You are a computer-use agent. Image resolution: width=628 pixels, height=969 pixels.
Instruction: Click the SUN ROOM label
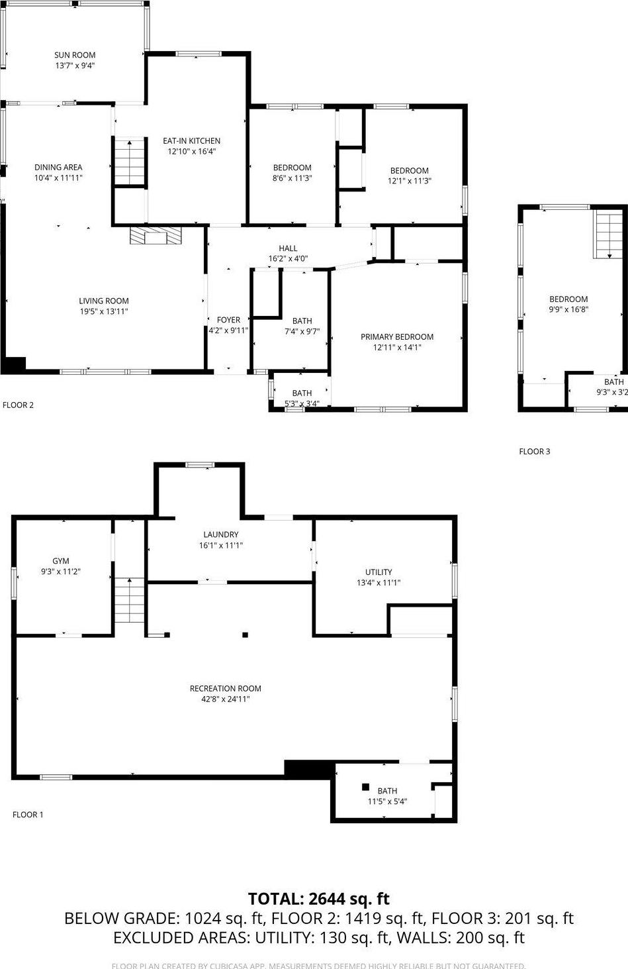[75, 55]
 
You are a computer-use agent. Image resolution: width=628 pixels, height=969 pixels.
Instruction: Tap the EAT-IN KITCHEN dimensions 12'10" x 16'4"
[191, 151]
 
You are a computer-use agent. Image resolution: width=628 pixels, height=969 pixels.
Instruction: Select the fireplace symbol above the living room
[154, 236]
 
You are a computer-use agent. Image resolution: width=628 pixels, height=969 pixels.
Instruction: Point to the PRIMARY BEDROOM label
[396, 337]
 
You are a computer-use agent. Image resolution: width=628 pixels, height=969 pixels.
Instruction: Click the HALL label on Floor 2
[288, 248]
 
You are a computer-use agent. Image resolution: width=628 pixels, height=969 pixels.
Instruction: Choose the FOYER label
[228, 320]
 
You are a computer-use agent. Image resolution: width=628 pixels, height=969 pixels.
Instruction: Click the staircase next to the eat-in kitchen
[130, 163]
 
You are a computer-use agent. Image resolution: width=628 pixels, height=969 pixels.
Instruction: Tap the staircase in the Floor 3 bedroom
[608, 235]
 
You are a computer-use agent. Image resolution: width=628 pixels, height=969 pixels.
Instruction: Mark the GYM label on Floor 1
[61, 561]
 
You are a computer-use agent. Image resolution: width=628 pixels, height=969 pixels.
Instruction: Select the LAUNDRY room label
[220, 535]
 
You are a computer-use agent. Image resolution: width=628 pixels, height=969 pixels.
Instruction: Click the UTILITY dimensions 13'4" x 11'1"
[379, 583]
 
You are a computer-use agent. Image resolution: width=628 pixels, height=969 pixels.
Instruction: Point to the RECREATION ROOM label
[225, 688]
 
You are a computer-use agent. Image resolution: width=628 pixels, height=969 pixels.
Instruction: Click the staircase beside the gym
[129, 600]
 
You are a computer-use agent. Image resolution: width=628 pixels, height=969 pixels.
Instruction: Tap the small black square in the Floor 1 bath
[365, 787]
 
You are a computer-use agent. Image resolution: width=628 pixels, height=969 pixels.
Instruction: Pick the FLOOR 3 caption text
[534, 452]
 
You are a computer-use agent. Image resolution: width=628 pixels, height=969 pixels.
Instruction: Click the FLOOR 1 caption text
[28, 815]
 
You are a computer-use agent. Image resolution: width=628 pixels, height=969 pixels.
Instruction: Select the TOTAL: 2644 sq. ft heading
[318, 899]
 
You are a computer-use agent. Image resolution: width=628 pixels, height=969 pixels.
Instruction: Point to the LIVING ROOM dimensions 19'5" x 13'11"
[104, 311]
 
